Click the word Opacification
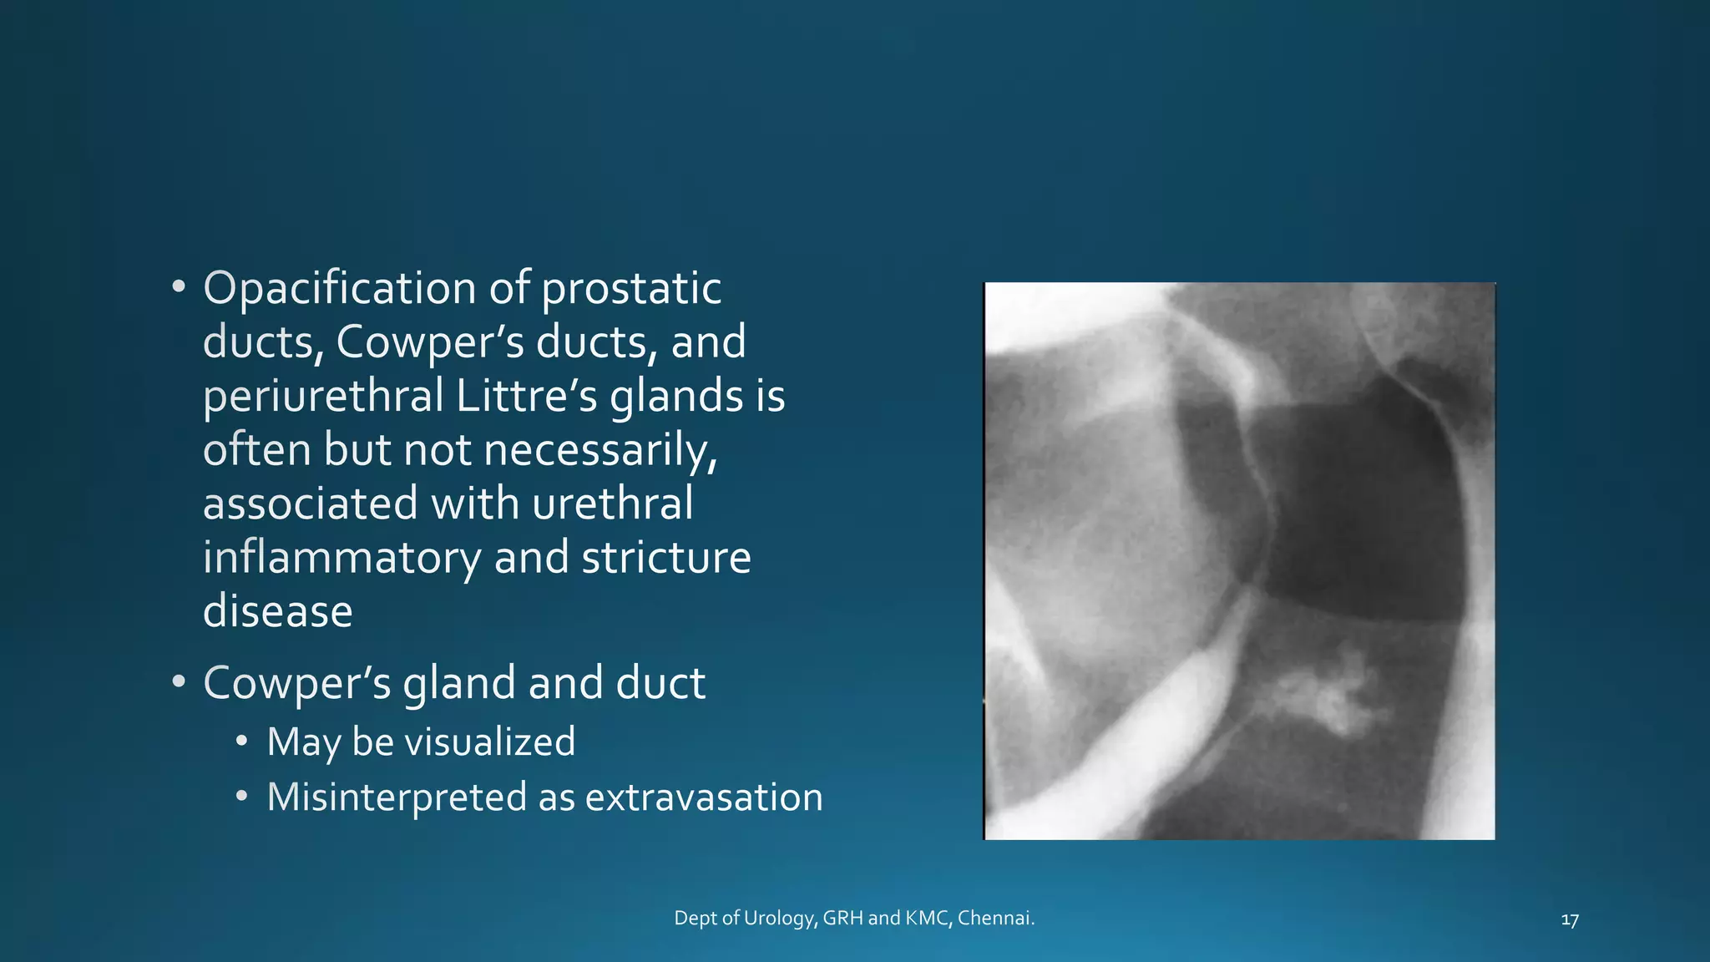(340, 289)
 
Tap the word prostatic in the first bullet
(630, 289)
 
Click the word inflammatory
(341, 557)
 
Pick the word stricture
(666, 557)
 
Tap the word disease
(277, 611)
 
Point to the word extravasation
(703, 797)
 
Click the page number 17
(1569, 920)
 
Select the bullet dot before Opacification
(178, 287)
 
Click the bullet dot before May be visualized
(241, 741)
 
